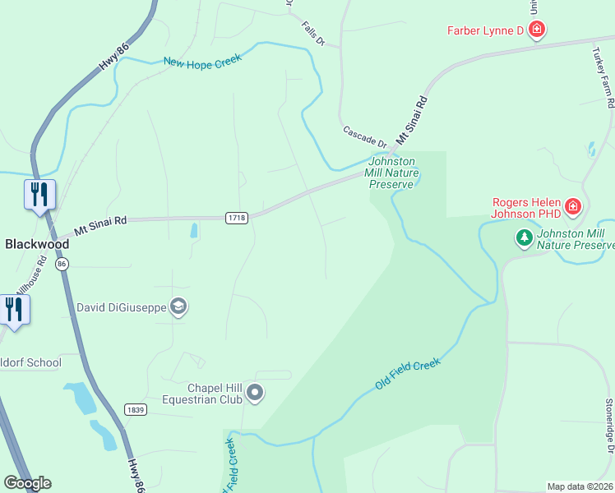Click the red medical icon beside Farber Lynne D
(537, 31)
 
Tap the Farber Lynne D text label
(485, 31)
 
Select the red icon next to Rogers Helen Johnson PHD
(573, 207)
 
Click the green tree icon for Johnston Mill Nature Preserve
(524, 238)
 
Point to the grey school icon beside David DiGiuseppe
(178, 307)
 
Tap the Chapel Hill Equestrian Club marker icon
(255, 394)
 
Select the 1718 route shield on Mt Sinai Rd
(237, 217)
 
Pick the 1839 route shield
(136, 409)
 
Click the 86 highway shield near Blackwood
(62, 264)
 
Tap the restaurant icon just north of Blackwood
(39, 194)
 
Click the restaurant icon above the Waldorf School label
(14, 309)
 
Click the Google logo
(27, 483)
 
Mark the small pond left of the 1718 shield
(194, 231)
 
